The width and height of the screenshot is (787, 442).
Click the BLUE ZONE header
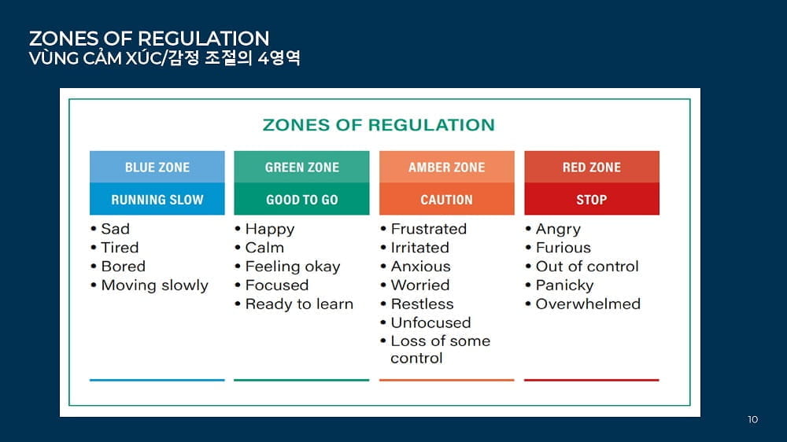tap(157, 167)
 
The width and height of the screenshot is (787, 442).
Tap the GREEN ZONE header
tap(301, 167)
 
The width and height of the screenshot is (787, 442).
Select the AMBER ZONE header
tap(447, 167)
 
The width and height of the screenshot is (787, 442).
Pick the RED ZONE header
tap(592, 167)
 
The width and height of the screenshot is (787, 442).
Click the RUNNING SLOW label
tap(157, 199)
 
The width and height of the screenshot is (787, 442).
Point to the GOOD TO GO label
tap(301, 199)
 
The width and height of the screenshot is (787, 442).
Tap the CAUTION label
tap(447, 199)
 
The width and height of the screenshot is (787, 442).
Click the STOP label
tap(592, 199)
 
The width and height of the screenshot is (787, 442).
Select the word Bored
tap(124, 267)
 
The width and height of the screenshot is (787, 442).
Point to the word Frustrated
tap(429, 229)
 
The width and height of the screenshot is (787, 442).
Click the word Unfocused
tap(430, 322)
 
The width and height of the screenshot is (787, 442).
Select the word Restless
tap(422, 304)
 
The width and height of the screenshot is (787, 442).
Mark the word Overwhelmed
tap(588, 304)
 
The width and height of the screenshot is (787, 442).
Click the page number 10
tap(752, 419)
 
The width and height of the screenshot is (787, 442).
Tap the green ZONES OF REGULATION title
tap(379, 125)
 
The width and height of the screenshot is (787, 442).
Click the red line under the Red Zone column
tap(592, 381)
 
